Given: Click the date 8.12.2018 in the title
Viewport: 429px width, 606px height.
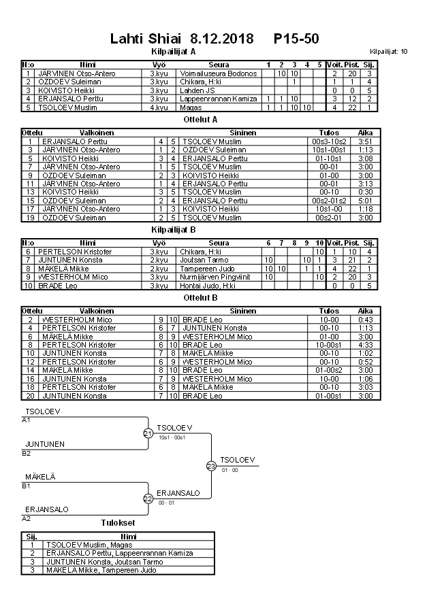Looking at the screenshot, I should click(x=221, y=39).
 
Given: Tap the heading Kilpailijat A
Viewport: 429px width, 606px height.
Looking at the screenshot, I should click(x=173, y=51).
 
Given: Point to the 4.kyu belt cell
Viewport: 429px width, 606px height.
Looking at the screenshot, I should click(x=159, y=107).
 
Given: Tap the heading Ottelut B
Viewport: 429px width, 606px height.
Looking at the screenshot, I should click(x=201, y=298).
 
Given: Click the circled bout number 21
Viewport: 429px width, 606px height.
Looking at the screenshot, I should click(x=148, y=433).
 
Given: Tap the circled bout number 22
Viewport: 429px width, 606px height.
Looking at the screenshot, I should click(x=148, y=499).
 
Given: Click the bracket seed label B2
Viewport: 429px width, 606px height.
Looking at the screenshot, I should click(x=26, y=452).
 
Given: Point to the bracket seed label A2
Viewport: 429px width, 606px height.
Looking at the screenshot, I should click(x=26, y=518).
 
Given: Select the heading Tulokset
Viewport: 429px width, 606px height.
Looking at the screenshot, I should click(x=117, y=523).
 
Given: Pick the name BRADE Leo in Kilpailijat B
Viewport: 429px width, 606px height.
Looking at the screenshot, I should click(x=57, y=286).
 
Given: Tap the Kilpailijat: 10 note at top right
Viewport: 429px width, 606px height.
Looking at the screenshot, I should click(x=389, y=52).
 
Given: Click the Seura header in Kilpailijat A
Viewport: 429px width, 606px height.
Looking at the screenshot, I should click(x=219, y=65).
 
